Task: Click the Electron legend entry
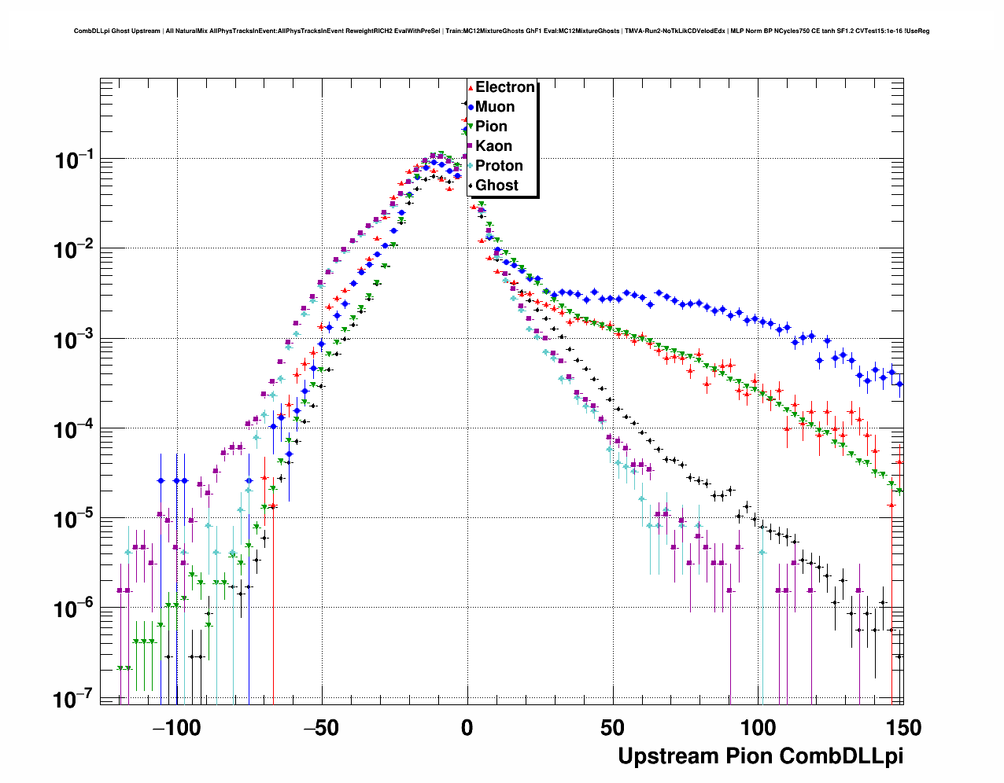(504, 87)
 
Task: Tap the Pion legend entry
(491, 127)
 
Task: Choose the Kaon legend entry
(493, 146)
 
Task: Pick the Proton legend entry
(499, 166)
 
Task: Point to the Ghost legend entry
(496, 186)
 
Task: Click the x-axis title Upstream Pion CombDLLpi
(760, 756)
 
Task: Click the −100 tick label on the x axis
(176, 728)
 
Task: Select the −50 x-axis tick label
(321, 728)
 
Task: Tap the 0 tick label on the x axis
(467, 728)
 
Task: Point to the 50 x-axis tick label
(612, 728)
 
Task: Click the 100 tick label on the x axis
(758, 728)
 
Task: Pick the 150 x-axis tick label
(902, 728)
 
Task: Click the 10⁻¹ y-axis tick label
(75, 160)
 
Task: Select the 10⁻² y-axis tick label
(75, 250)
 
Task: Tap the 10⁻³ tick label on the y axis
(75, 340)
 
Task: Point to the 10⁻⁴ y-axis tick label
(75, 429)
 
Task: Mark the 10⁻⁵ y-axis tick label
(75, 519)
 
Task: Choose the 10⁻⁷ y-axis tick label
(75, 698)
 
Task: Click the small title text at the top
(502, 31)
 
